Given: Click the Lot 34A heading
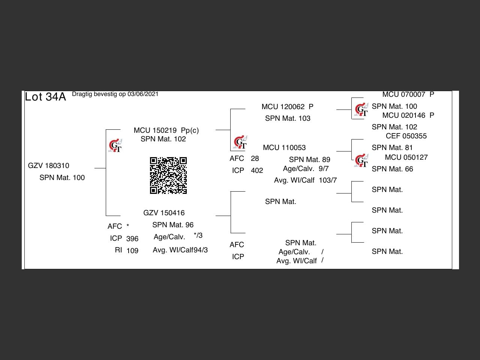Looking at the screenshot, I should point(45,97).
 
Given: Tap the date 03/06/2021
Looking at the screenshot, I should point(143,94).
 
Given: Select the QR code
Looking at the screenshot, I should point(168,175).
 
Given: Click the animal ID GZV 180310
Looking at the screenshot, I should point(48,166).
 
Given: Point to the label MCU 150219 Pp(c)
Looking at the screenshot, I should point(166,130).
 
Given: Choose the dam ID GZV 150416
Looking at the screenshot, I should point(164,213).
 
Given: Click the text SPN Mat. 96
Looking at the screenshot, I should point(173,225).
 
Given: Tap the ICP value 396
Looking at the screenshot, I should point(132,239).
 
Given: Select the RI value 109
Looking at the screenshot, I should point(132,251).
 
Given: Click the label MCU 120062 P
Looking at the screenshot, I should point(287,107).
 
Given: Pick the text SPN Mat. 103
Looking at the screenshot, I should point(288,118).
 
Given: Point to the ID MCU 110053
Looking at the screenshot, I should point(284,148).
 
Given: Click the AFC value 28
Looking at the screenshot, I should point(255,159).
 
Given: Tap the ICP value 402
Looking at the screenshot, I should point(257,171).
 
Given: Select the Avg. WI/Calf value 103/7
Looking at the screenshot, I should point(328,180).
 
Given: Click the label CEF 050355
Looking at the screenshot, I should point(406,136).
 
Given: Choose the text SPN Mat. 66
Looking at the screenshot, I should point(392,169).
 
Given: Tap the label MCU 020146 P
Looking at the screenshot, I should point(408,115).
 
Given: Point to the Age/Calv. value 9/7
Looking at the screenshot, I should point(324,169).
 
